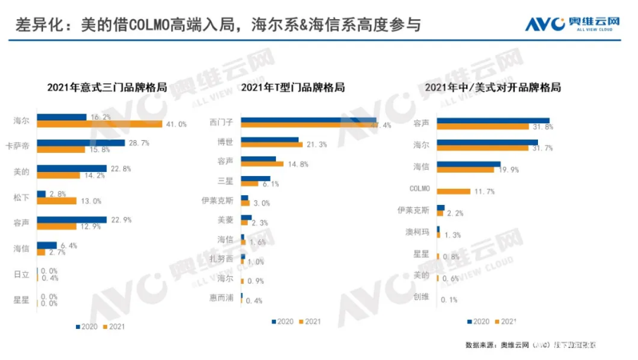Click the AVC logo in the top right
tap(572, 25)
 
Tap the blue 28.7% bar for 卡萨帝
tap(81, 142)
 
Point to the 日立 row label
tap(21, 274)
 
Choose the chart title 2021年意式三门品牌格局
tap(107, 88)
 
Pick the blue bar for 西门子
tap(308, 120)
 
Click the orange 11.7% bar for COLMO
tap(454, 191)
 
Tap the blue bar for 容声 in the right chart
tap(493, 120)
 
